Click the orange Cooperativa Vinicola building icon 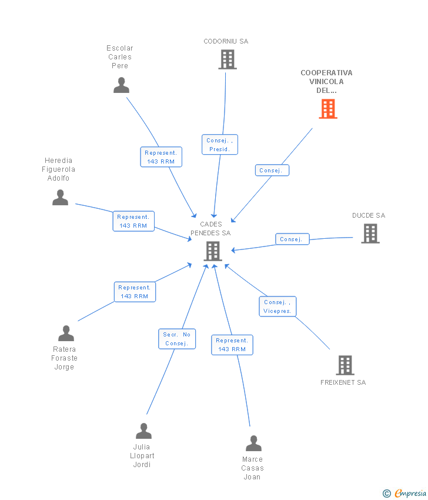328,109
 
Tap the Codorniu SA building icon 228,59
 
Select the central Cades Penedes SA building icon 212,251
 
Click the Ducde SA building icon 370,234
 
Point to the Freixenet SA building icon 345,365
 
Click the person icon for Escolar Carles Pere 121,85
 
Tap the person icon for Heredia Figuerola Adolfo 60,198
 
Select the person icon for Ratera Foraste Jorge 66,334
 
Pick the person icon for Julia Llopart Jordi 143,431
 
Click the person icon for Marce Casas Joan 253,444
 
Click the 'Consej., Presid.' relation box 220,145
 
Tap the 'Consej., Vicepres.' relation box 277,306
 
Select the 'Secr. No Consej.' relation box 177,339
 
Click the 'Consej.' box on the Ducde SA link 292,239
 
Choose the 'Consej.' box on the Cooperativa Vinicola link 272,171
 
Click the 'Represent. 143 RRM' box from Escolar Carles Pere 160,157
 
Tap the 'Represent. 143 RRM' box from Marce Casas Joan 232,345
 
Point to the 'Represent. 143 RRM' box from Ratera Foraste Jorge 135,292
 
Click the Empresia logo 406,494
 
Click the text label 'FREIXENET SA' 343,382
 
